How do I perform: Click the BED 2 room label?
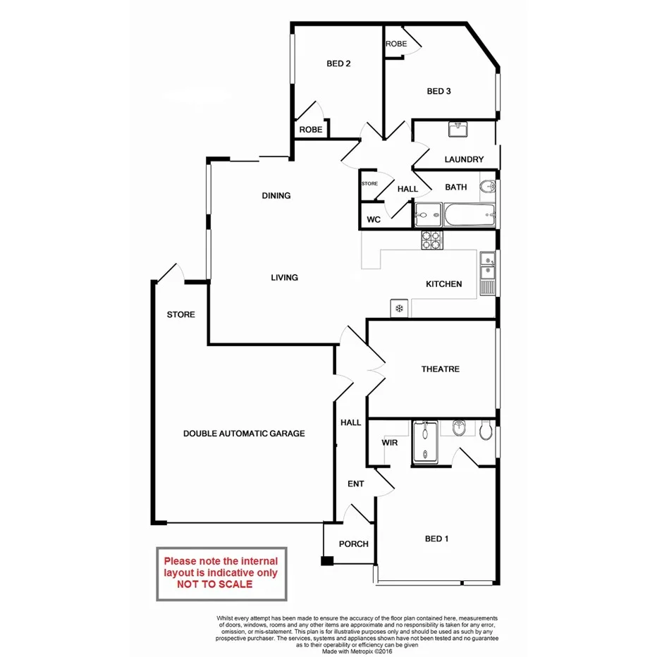(x=338, y=63)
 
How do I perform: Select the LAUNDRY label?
(x=464, y=159)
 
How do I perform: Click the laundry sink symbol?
(x=458, y=130)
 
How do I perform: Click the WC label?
(x=374, y=219)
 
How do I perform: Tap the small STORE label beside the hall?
(x=369, y=183)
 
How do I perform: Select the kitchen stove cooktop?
(x=432, y=240)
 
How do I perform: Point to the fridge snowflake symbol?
(x=398, y=309)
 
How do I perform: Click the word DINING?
(x=276, y=195)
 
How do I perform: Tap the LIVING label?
(x=285, y=277)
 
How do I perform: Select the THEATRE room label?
(x=441, y=369)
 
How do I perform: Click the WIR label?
(x=391, y=443)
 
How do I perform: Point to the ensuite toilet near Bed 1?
(x=485, y=430)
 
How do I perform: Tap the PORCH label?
(x=354, y=544)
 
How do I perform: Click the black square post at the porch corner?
(x=326, y=562)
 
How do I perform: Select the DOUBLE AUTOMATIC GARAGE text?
(x=244, y=434)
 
